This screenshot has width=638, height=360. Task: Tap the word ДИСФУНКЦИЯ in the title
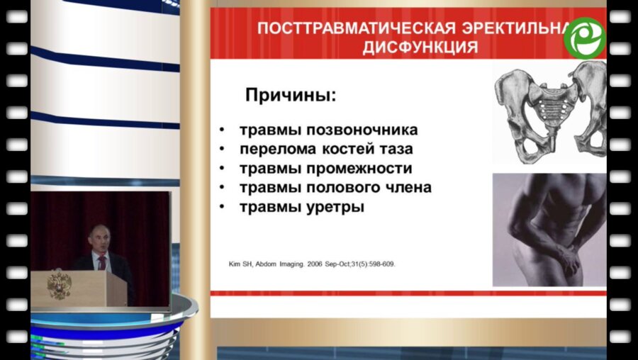420,47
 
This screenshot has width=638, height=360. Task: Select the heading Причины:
290,94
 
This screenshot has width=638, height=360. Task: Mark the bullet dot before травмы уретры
222,208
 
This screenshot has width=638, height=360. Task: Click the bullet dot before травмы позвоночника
222,130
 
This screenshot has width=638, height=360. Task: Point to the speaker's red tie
102,262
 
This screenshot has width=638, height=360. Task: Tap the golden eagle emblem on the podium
59,285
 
